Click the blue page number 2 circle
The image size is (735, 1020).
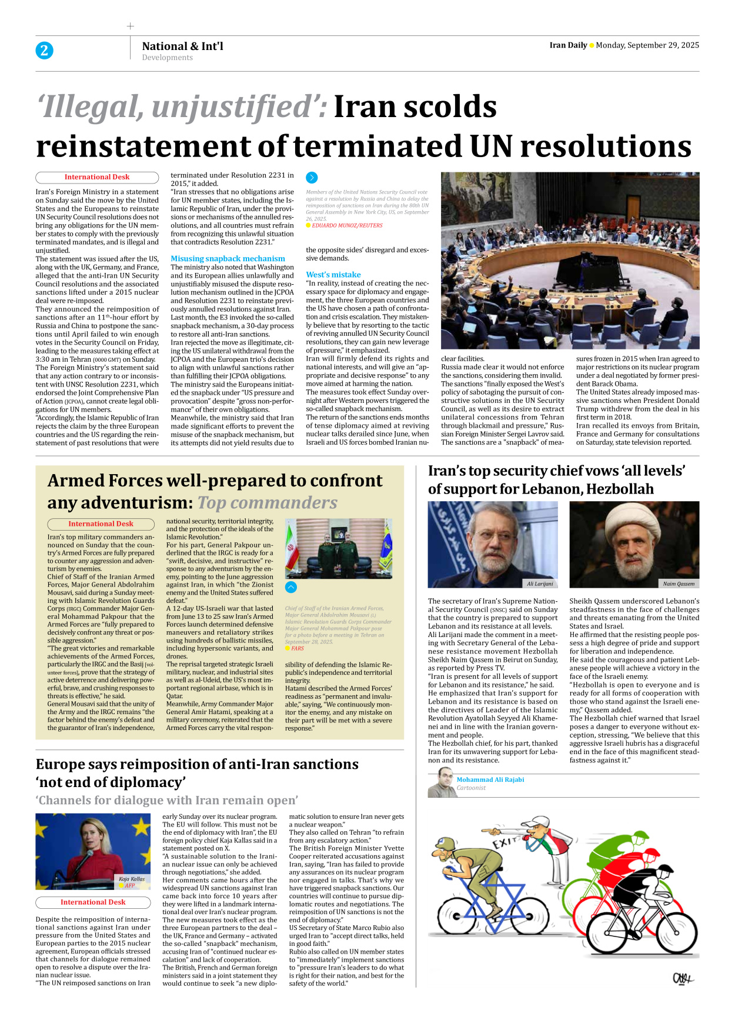44,51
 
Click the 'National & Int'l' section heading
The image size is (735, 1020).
182,46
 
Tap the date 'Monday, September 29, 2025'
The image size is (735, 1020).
647,45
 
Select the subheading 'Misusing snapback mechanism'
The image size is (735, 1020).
228,258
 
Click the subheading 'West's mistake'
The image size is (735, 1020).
333,275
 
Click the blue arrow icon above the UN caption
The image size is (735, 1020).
312,178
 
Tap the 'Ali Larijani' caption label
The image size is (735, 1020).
540,584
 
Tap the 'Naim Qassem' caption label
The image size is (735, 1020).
679,584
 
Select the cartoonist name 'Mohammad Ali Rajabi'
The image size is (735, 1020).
490,779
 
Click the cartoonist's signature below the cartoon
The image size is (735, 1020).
683,978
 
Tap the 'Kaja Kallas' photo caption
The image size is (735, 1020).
132,879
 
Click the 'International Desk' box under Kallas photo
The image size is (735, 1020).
93,902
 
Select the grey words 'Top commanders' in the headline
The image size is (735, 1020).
268,503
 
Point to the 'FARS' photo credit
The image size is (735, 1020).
298,648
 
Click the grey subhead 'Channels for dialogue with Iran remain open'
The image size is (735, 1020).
167,800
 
